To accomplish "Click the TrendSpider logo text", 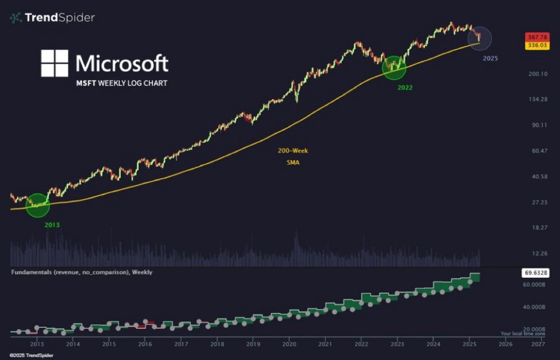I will tap(60, 18).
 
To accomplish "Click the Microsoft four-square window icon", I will tap(55, 63).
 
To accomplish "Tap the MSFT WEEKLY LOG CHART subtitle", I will tap(121, 83).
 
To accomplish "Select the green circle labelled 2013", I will tap(38, 205).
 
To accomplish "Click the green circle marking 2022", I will tap(394, 67).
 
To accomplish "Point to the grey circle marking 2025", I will tap(480, 38).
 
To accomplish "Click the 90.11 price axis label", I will tap(536, 125).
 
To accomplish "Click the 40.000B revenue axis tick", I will tap(533, 307).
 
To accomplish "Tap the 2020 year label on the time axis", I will tap(289, 345).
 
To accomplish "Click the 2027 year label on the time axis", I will tap(539, 345).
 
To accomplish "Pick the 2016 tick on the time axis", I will tap(145, 345).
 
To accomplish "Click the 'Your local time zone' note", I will tap(523, 333).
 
